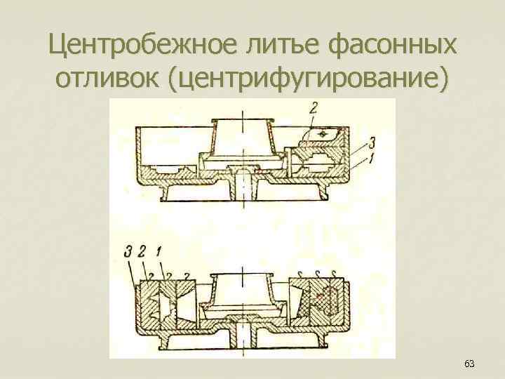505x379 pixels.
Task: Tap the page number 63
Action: [469, 364]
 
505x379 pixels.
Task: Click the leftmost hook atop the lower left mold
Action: [148, 274]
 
